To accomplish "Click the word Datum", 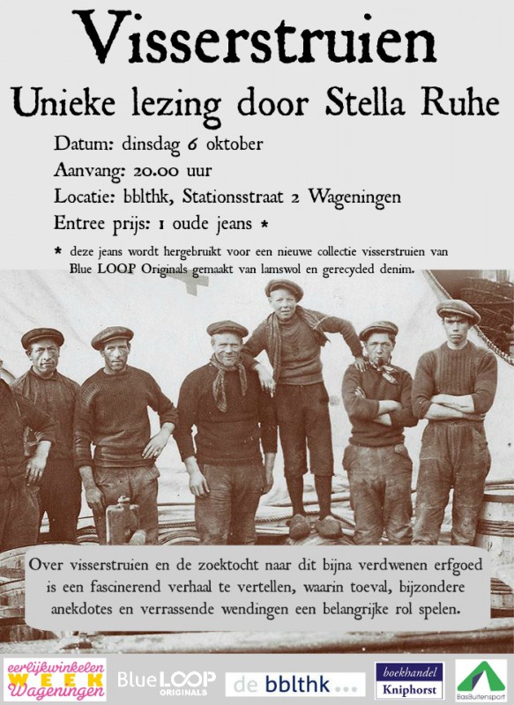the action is (x=78, y=145).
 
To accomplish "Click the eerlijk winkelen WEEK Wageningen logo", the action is (x=55, y=679).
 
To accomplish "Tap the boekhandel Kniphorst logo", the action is (x=408, y=680).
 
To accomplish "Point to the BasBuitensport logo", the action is (x=481, y=680).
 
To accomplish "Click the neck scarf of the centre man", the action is (x=227, y=374).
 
